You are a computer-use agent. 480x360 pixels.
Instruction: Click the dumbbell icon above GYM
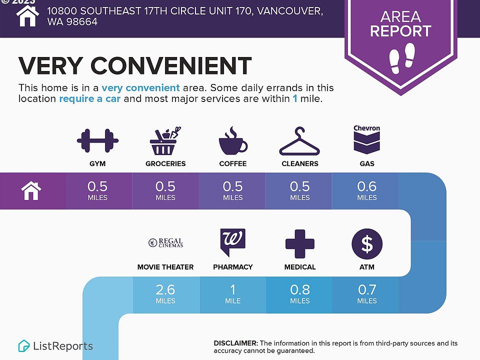[x=97, y=141]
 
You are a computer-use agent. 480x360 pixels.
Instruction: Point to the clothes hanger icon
[x=299, y=141]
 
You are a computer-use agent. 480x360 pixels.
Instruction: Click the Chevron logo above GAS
[x=366, y=139]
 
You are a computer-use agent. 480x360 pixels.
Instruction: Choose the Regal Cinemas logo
[x=165, y=243]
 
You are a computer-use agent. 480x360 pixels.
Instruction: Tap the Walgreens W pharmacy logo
[x=232, y=242]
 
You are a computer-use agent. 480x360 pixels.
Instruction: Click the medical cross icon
[x=299, y=243]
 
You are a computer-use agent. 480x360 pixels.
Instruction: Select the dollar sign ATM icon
[x=367, y=243]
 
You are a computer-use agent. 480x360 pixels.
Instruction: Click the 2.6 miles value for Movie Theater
[x=165, y=294]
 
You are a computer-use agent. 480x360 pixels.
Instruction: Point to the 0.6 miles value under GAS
[x=367, y=190]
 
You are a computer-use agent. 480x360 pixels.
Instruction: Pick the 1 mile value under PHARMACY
[x=232, y=294]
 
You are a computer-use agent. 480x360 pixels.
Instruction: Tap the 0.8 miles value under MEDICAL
[x=300, y=294]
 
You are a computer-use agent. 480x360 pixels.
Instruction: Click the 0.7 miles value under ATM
[x=367, y=294]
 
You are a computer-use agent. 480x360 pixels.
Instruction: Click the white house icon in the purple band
[x=31, y=190]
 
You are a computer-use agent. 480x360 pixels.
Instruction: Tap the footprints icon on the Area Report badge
[x=402, y=58]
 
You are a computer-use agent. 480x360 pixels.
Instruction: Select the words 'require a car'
[x=89, y=99]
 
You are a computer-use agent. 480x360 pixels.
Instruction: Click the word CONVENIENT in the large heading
[x=171, y=65]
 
